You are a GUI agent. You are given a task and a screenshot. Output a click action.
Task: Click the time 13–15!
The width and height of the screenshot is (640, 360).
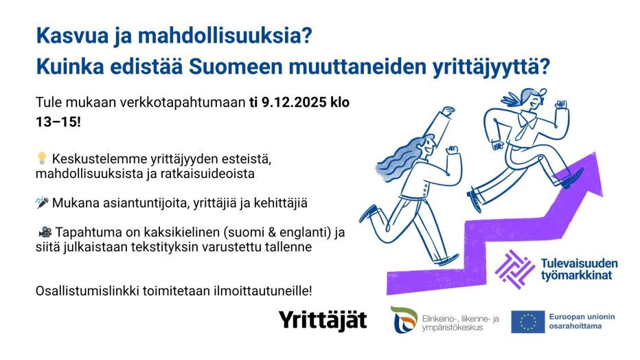point(58,122)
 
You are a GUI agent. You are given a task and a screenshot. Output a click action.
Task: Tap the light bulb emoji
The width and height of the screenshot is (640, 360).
point(42,159)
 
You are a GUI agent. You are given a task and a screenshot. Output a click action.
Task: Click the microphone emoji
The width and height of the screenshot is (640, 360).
point(42,202)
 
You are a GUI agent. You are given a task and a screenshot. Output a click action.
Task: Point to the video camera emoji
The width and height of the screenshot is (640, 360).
point(45,232)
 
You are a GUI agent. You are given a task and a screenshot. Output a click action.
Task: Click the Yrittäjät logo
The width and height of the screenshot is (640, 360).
point(323,320)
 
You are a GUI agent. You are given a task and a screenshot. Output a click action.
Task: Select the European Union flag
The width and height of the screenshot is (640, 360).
point(528,322)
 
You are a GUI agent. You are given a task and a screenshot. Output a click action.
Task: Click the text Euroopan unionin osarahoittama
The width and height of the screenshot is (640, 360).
point(582,322)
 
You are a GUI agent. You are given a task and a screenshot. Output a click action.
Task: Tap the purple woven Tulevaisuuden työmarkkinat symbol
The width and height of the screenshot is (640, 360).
point(515,269)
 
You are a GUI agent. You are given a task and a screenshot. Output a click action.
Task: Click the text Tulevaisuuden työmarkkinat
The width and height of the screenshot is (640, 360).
point(579,269)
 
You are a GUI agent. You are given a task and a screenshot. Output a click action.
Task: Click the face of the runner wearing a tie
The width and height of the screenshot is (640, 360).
point(534,101)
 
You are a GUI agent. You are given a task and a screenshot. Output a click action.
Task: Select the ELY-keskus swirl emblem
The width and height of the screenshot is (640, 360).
point(404,319)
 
